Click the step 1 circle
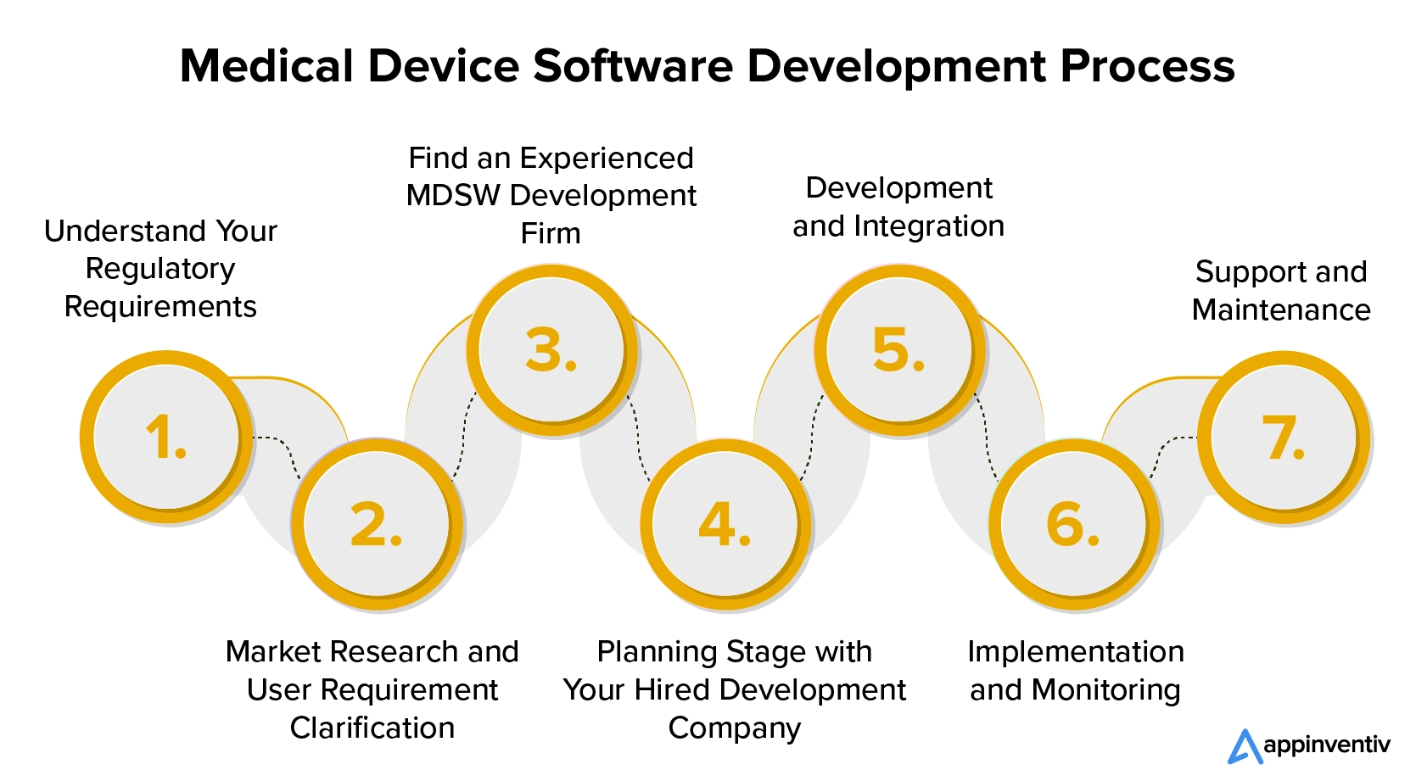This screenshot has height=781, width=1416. (166, 437)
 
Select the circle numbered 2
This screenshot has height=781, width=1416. (377, 524)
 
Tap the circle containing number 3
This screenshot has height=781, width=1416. (551, 349)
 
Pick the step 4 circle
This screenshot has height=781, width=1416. (725, 524)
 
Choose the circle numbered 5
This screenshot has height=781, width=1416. (899, 349)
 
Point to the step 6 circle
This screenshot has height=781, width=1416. (1074, 524)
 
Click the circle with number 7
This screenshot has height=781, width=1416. (1284, 437)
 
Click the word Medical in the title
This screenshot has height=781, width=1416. (266, 65)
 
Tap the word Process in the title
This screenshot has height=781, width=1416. (1147, 65)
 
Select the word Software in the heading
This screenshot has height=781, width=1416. (633, 65)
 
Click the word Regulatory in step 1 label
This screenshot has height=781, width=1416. (160, 270)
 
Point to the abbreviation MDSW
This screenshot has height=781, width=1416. (453, 195)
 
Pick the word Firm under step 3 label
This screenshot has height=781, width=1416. (551, 233)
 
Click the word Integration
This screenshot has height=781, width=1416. (929, 226)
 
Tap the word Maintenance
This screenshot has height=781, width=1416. (1281, 310)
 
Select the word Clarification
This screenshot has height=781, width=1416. (372, 728)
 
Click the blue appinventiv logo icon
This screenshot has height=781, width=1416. (1245, 746)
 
